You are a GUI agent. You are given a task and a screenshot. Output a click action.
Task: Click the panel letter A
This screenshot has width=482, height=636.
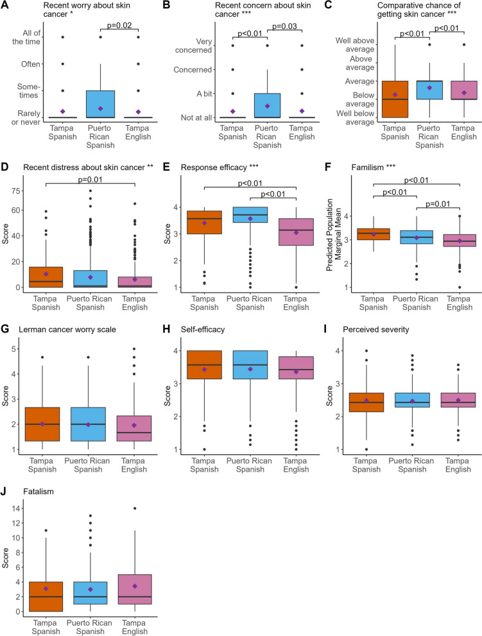[5, 6]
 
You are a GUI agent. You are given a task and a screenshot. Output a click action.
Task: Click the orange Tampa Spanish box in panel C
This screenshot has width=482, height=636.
[395, 99]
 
